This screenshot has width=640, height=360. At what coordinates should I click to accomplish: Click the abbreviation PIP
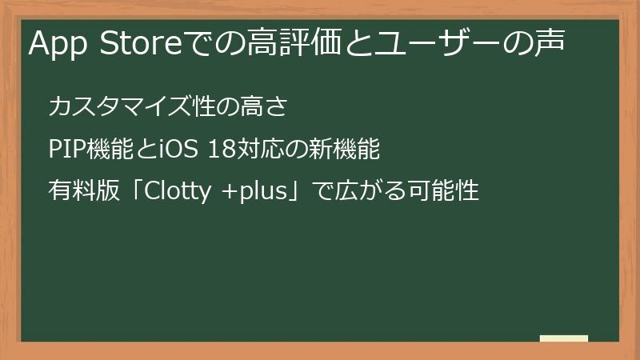tap(65, 150)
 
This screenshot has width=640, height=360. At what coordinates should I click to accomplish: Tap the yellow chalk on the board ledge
tap(564, 339)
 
